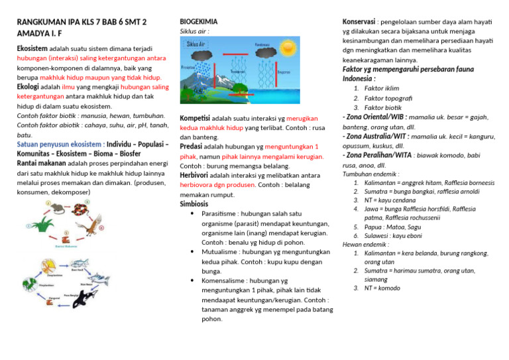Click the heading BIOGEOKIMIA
pyautogui.click(x=199, y=21)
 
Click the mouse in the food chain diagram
pyautogui.click(x=56, y=209)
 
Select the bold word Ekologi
pyautogui.click(x=28, y=86)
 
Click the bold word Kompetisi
pyautogui.click(x=195, y=118)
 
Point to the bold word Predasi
pyautogui.click(x=193, y=147)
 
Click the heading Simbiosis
pyautogui.click(x=196, y=204)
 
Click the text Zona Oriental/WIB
pyautogui.click(x=375, y=116)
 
